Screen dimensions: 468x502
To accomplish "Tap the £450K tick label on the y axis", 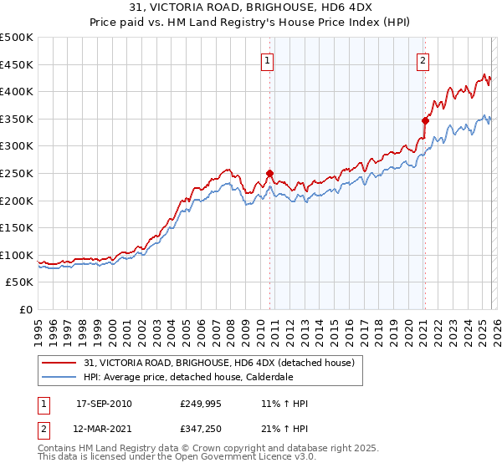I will (x=17, y=64).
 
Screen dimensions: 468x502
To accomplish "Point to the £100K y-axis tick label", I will (x=17, y=255).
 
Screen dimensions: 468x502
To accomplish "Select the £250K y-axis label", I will (x=17, y=173).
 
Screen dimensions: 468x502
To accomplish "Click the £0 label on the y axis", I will (x=26, y=309).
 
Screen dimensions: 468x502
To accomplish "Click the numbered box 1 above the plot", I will (x=267, y=60).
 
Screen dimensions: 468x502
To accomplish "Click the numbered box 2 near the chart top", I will (x=423, y=60).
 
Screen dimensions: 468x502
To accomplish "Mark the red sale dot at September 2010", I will (x=269, y=173).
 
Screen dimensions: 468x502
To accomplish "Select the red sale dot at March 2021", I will (x=425, y=120).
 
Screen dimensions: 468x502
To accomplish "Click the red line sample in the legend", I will (x=60, y=363).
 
